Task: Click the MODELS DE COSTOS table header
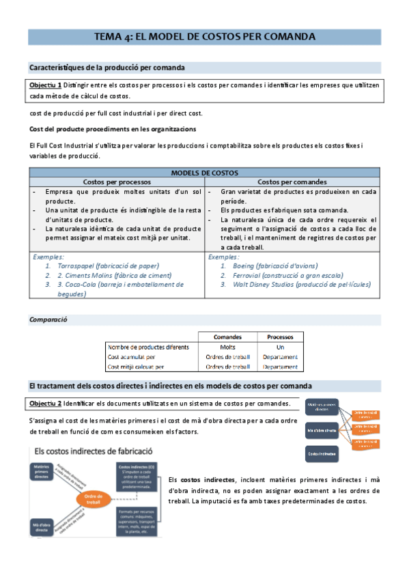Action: pos(204,173)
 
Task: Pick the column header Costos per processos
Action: pos(117,182)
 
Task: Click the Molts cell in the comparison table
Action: pos(227,347)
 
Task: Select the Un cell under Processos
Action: pos(280,347)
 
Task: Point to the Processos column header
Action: pos(280,337)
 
